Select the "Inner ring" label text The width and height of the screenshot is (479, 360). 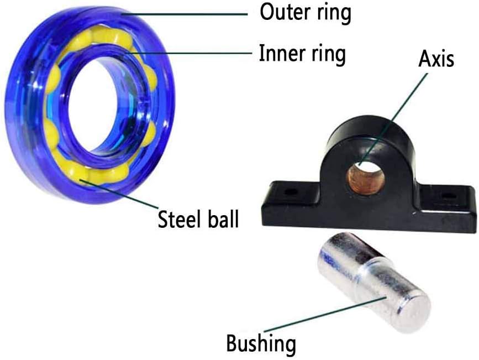tap(302, 54)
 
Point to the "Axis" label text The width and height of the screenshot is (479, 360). tap(436, 58)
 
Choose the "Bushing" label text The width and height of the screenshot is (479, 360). tap(261, 344)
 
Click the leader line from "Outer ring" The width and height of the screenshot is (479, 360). tap(185, 14)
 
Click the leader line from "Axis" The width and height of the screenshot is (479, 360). tap(393, 119)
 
